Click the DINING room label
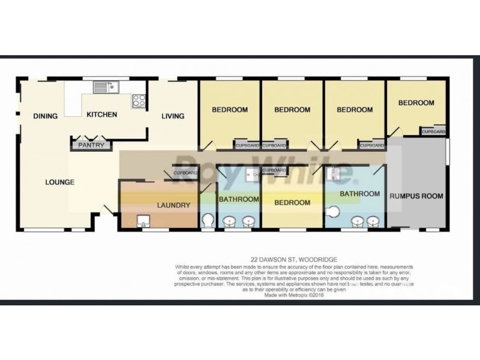46,116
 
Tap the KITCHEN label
101,115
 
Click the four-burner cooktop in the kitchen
139,100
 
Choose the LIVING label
173,116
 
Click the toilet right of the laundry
207,221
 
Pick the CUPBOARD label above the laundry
185,173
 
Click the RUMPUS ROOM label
416,196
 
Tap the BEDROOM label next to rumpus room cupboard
416,103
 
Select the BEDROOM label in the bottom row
292,202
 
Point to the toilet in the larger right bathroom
334,211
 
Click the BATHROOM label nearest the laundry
238,199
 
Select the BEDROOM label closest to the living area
230,110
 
